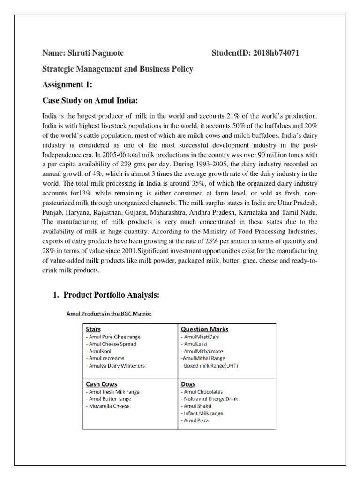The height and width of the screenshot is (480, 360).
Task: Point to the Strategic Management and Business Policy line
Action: pyautogui.click(x=117, y=69)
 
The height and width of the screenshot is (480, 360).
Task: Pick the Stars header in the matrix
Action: pyautogui.click(x=93, y=329)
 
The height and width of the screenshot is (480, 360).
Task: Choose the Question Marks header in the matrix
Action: pyautogui.click(x=201, y=329)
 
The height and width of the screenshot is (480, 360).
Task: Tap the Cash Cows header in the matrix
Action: pyautogui.click(x=101, y=384)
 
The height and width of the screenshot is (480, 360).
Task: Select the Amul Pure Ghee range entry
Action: pyautogui.click(x=113, y=337)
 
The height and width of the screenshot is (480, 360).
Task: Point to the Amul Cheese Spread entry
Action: pyautogui.click(x=111, y=344)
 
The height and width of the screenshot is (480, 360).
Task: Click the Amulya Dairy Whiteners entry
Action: pyautogui.click(x=115, y=366)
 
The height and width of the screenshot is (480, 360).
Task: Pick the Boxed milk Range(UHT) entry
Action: pyautogui.click(x=209, y=366)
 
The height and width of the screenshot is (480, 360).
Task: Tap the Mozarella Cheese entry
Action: pyautogui.click(x=108, y=406)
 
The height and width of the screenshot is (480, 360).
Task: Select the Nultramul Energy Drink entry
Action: pyautogui.click(x=209, y=399)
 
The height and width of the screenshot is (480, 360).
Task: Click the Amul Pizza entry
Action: pyautogui.click(x=194, y=420)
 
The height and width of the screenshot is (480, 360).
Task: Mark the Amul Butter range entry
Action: pyautogui.click(x=108, y=399)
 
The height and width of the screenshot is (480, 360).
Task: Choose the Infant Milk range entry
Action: pyautogui.click(x=202, y=413)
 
